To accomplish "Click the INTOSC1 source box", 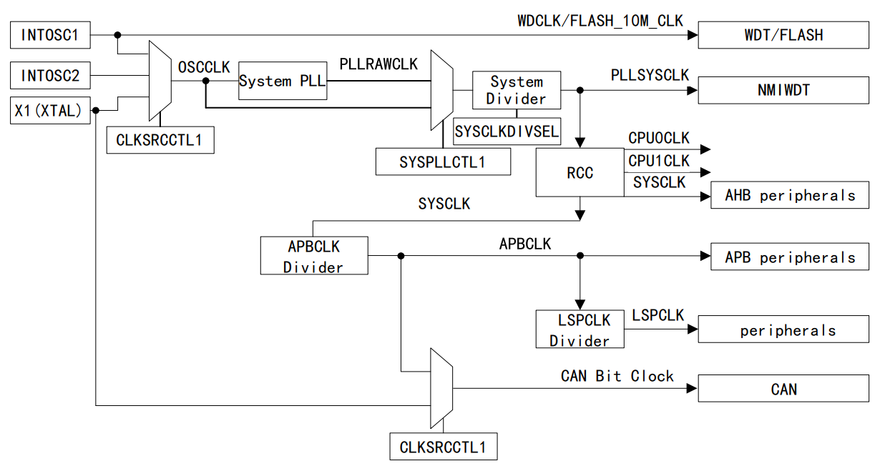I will click(50, 34).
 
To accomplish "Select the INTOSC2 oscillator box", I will click(50, 75).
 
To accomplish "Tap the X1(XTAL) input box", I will click(50, 111).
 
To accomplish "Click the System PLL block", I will click(282, 81).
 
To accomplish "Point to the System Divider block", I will click(516, 90).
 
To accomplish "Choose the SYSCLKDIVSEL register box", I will click(507, 131).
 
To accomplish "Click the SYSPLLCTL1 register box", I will click(443, 162).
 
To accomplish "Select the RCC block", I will click(580, 172).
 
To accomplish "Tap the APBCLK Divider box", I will click(314, 256).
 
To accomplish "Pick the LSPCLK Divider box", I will click(580, 329).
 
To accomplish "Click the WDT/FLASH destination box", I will click(783, 34).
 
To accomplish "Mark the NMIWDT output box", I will click(783, 90).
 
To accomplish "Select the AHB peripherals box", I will click(790, 194).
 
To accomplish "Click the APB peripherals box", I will click(790, 257).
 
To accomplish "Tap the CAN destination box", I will click(783, 389).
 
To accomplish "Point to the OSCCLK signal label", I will click(203, 67).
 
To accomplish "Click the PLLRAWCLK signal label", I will click(378, 64).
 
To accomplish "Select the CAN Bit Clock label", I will click(617, 376).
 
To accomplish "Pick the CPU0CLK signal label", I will click(658, 138).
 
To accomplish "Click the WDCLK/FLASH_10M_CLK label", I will click(600, 20).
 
